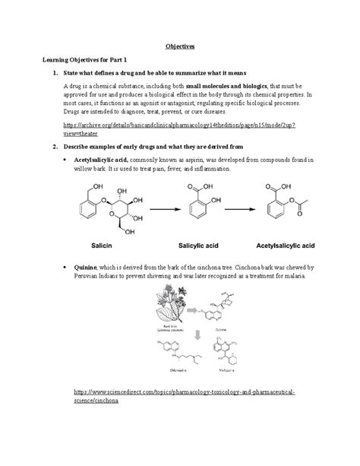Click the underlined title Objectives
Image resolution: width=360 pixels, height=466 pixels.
(x=179, y=46)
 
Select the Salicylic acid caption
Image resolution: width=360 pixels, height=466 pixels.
(x=196, y=246)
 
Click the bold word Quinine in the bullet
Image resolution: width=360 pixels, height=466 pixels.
(x=86, y=268)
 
